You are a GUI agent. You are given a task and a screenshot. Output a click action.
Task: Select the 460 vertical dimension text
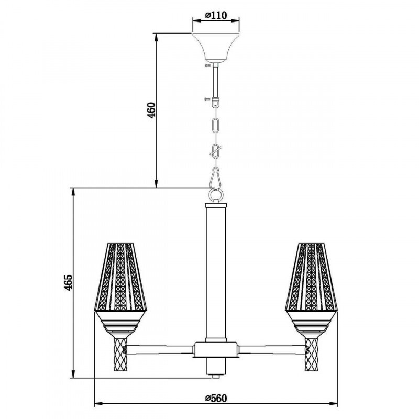(x=151, y=111)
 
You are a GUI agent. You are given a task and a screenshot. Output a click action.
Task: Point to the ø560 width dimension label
(x=215, y=399)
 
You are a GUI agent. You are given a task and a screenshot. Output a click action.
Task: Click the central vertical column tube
(x=215, y=272)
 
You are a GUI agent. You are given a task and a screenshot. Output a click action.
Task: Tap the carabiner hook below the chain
(x=215, y=178)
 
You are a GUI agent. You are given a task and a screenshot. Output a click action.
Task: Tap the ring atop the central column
(x=215, y=195)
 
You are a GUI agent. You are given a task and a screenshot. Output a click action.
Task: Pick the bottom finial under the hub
(x=215, y=369)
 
